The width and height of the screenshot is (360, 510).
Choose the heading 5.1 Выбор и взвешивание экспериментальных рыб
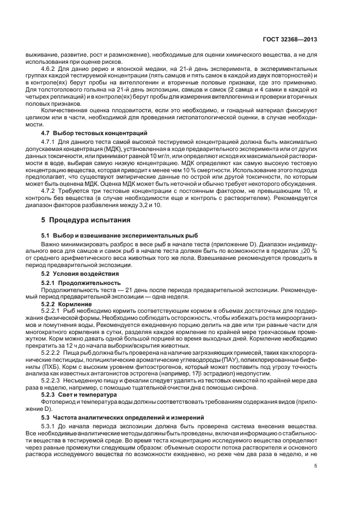tap(115, 235)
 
